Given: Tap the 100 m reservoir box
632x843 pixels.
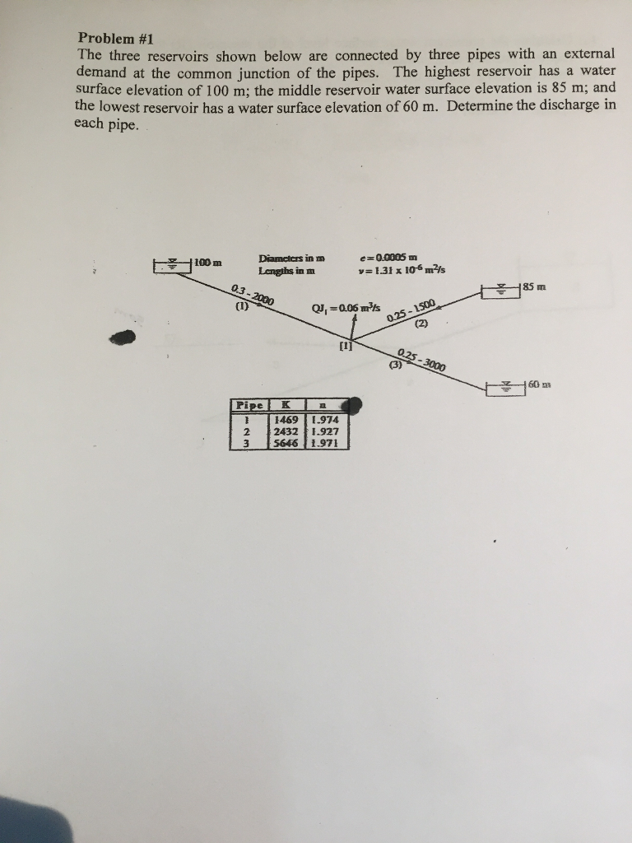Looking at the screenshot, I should pos(173,265).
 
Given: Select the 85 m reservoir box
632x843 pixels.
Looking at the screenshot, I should pos(501,291).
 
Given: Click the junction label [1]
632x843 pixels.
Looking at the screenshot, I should pos(346,347).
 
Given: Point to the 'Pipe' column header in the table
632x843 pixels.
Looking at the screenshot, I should pos(249,406).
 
